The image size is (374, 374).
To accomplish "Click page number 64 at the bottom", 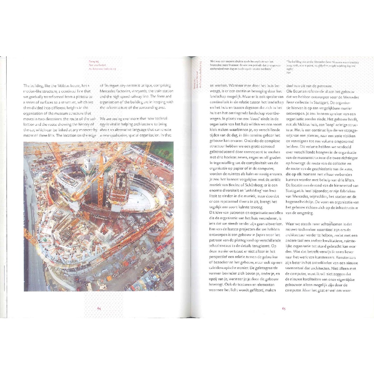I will [99, 308].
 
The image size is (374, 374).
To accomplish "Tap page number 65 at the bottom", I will [284, 308].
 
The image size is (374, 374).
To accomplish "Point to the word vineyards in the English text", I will [142, 91].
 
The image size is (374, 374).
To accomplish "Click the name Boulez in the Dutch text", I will [232, 184].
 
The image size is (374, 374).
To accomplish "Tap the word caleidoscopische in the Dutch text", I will [224, 268].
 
